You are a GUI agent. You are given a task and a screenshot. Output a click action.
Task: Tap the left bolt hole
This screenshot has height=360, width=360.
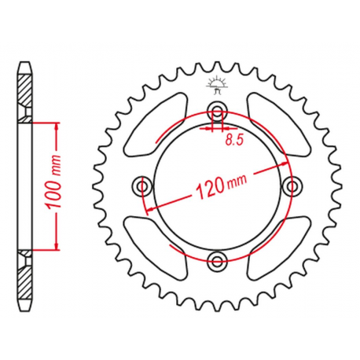tap(143, 186)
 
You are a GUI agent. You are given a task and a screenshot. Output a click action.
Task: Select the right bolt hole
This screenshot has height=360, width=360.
tap(294, 186)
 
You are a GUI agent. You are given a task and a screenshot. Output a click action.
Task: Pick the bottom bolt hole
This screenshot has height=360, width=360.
tap(218, 260)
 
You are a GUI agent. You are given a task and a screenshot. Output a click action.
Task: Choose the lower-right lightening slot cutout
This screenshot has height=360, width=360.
tap(277, 250)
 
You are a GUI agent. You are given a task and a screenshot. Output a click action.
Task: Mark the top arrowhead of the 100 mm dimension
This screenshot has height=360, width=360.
tap(57, 126)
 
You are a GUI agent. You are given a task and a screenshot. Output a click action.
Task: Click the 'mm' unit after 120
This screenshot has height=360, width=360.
tap(235, 183)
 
